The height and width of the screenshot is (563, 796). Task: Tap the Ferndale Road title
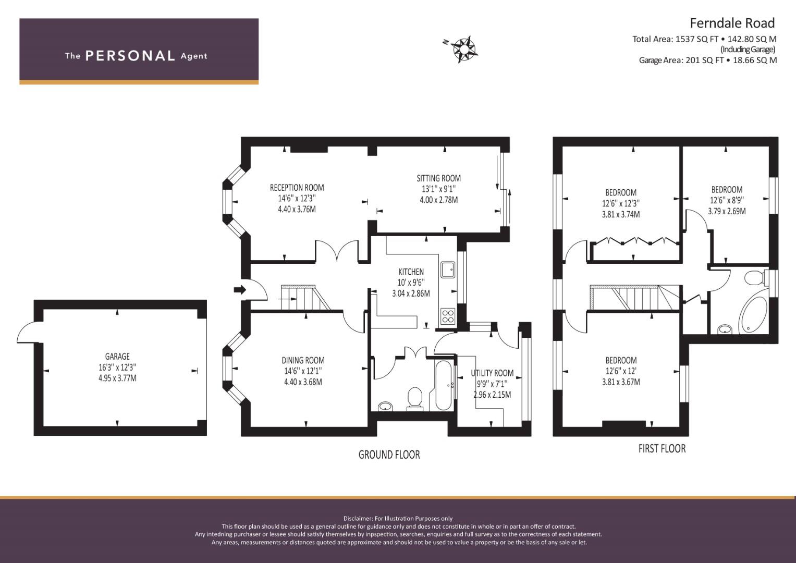tap(732, 23)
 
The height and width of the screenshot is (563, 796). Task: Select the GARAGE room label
tap(117, 356)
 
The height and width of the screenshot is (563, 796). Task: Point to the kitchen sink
tap(447, 270)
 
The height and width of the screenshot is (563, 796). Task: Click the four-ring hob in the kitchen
tap(447, 316)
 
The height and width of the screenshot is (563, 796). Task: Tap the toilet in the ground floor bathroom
tap(414, 399)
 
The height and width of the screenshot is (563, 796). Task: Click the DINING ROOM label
tap(303, 360)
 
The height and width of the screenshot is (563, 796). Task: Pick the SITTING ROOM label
tap(438, 178)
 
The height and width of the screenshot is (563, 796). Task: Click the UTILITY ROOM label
tap(492, 373)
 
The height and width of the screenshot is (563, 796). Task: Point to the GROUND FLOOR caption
tap(389, 455)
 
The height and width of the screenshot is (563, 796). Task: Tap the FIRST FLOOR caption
tap(662, 448)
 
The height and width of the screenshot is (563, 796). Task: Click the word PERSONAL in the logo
tap(130, 56)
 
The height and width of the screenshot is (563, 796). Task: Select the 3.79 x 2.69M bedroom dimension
tap(727, 211)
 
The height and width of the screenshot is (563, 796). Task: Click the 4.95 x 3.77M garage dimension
tap(117, 378)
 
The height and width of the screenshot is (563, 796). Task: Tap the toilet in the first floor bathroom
tap(755, 278)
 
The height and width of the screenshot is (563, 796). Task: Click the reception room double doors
tap(337, 251)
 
